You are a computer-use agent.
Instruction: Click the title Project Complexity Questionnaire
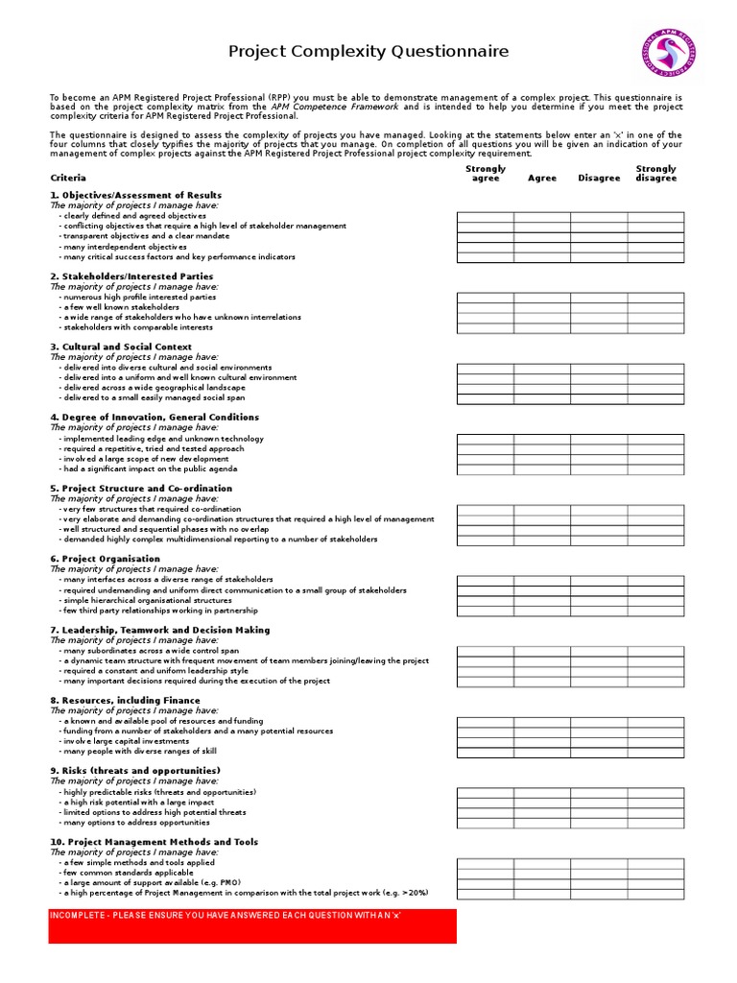(368, 52)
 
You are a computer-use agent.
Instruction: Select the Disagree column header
(599, 179)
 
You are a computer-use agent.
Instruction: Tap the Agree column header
(542, 179)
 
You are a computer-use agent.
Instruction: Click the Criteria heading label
(68, 178)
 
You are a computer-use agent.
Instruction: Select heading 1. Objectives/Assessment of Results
(135, 195)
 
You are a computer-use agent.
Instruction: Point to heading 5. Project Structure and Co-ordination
(141, 489)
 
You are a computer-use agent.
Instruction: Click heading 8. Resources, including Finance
(125, 701)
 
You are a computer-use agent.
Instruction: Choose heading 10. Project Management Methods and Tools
(154, 842)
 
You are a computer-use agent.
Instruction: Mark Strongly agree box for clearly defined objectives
(485, 216)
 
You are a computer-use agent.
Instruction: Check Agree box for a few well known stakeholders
(542, 307)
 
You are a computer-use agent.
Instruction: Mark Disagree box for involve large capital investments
(599, 741)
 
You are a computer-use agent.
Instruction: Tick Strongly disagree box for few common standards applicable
(655, 873)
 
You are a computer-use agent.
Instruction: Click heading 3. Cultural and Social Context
(121, 347)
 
